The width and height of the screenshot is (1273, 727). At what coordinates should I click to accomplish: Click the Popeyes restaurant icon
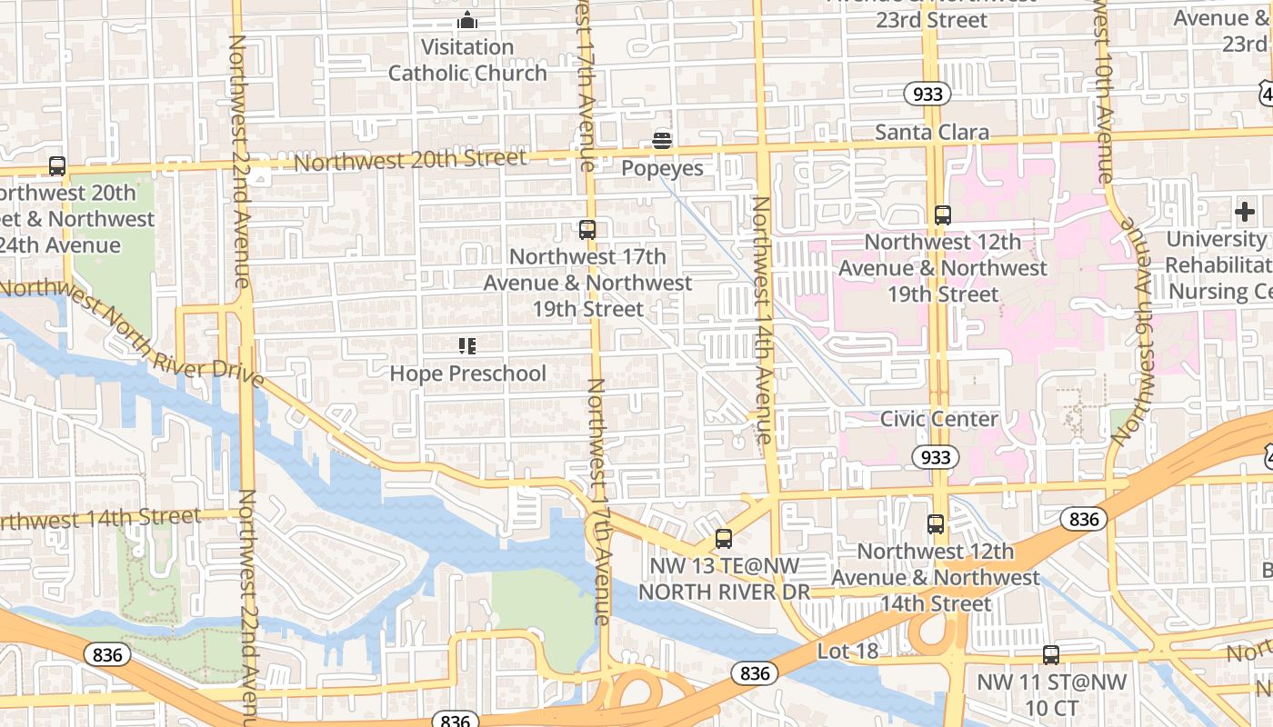pyautogui.click(x=662, y=141)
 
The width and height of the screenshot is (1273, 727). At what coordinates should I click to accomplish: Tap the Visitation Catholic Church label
pyautogui.click(x=467, y=60)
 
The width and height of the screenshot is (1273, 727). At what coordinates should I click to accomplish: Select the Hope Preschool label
pyautogui.click(x=467, y=373)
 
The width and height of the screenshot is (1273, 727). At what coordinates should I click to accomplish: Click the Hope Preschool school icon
pyautogui.click(x=467, y=345)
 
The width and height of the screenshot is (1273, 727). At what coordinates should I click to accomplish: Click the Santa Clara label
pyautogui.click(x=931, y=133)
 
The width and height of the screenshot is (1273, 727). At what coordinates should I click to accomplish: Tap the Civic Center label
pyautogui.click(x=938, y=419)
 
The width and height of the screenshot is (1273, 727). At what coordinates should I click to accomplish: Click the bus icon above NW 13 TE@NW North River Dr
pyautogui.click(x=724, y=538)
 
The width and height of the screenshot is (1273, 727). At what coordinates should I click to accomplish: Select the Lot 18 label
pyautogui.click(x=847, y=651)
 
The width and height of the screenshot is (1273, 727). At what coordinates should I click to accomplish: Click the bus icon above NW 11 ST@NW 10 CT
pyautogui.click(x=1051, y=654)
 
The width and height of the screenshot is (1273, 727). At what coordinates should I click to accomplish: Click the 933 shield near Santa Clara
pyautogui.click(x=927, y=94)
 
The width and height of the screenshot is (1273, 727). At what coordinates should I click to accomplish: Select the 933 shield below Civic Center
pyautogui.click(x=935, y=457)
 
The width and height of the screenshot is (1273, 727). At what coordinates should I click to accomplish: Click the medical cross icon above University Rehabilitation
pyautogui.click(x=1245, y=212)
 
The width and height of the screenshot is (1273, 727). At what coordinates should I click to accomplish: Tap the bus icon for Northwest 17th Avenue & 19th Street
pyautogui.click(x=587, y=229)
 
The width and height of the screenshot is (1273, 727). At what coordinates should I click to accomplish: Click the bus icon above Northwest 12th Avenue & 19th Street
pyautogui.click(x=943, y=215)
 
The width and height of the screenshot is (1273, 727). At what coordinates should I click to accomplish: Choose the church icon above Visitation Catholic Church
pyautogui.click(x=467, y=20)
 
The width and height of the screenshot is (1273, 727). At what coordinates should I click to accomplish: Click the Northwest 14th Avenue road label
pyautogui.click(x=763, y=318)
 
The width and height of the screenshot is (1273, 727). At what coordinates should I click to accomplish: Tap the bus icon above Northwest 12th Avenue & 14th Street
pyautogui.click(x=936, y=524)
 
